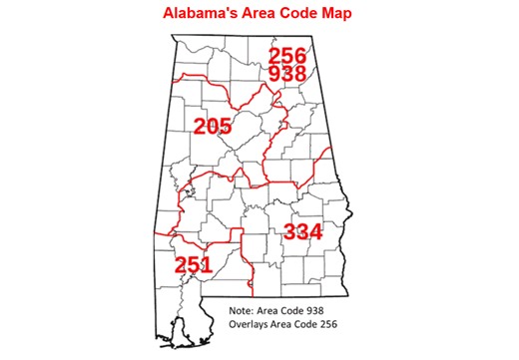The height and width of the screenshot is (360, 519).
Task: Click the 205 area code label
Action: coord(213,127)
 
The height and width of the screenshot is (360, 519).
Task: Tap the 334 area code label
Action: coord(302,231)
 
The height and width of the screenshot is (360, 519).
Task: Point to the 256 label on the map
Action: coord(287,56)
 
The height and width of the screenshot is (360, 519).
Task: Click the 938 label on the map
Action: coord(287,75)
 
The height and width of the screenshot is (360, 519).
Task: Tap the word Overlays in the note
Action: coord(250,326)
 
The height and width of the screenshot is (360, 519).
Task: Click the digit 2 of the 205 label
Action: coord(200,127)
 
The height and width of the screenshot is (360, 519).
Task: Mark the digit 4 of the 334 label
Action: coord(315,231)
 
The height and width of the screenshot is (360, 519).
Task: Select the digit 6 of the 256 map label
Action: coord(300,56)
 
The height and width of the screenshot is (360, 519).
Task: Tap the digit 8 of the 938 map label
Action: coord(300,75)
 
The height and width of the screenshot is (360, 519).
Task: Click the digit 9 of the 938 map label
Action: coord(274,75)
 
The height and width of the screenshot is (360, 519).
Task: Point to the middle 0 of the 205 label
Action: coord(213,127)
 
